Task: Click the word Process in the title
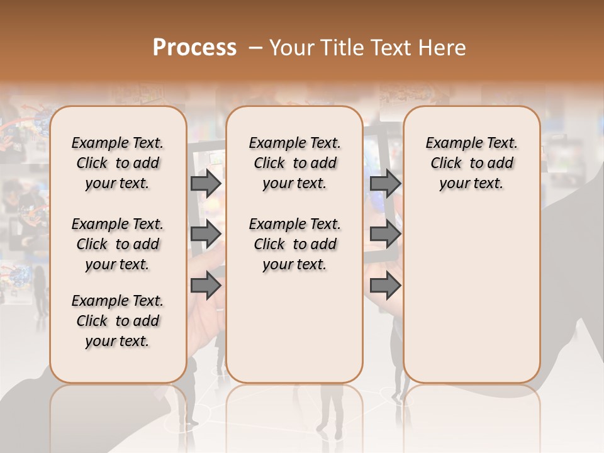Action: point(194,48)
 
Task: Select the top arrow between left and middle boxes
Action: point(206,183)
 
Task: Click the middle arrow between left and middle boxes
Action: point(206,234)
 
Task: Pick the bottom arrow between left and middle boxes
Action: point(206,285)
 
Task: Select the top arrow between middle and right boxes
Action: point(385,183)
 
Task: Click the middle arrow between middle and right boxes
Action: point(385,234)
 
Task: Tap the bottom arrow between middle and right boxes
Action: point(385,285)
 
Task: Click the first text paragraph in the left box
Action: point(118,163)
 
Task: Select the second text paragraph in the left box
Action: point(118,244)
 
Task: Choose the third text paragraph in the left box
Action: point(118,321)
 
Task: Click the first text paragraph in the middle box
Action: point(294,163)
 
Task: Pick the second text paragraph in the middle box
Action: point(294,244)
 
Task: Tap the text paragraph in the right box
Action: point(472,163)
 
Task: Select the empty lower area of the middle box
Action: point(294,327)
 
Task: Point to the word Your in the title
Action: point(288,48)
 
